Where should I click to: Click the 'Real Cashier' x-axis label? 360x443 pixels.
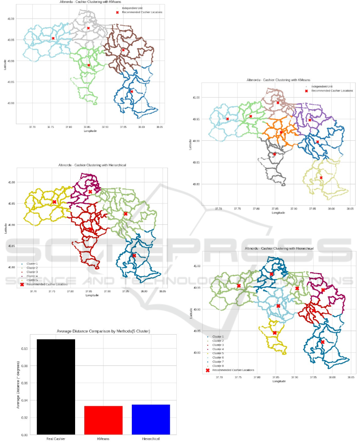coord(56,439)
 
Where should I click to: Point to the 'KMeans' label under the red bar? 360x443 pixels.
coord(103,439)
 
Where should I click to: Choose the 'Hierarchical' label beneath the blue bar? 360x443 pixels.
coord(151,439)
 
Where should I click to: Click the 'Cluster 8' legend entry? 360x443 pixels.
coord(218,366)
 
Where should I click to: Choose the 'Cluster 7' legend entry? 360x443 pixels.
coord(218,361)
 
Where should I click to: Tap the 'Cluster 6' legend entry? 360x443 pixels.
coord(218,357)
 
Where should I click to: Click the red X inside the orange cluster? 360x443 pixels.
coord(281,132)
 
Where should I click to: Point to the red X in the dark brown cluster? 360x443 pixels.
coord(123,50)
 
